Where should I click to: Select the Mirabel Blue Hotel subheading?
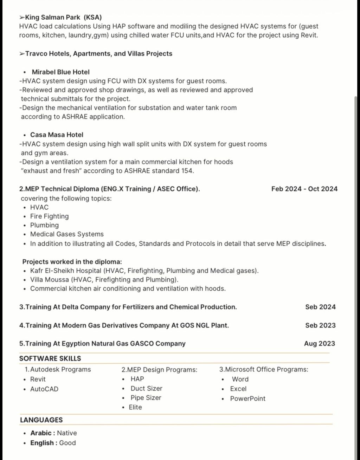pos(60,72)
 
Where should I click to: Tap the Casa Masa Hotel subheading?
pos(57,135)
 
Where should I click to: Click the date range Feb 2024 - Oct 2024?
pos(304,189)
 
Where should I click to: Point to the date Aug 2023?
pos(319,344)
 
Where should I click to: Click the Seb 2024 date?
pos(320,307)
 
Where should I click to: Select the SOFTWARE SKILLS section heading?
pos(50,358)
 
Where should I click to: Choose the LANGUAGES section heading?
pos(41,420)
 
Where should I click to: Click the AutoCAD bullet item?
pos(44,389)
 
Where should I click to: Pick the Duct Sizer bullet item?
pos(146,389)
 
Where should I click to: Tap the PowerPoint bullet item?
pos(247,399)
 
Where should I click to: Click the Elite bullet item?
pos(135,408)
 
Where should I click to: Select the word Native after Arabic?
pos(67,433)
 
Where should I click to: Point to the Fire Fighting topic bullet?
pos(49,216)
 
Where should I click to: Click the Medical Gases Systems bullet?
pos(67,234)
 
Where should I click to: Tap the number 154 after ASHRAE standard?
pos(187,171)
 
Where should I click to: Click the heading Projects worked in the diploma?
pos(72,262)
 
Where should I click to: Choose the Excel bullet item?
pos(238,389)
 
